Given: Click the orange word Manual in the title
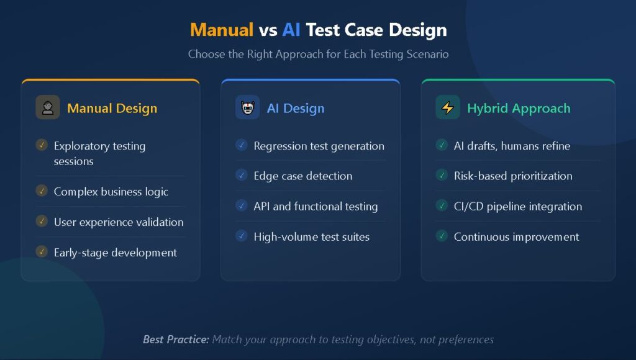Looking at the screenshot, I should [x=221, y=29].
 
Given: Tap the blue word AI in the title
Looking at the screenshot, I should [x=291, y=29].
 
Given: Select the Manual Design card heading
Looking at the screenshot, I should [x=112, y=108].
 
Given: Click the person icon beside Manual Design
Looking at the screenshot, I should [x=48, y=107].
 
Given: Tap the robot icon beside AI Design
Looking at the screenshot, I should [x=248, y=107].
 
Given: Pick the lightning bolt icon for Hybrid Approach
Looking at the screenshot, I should [x=447, y=107].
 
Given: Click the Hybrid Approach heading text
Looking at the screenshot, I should [x=518, y=108].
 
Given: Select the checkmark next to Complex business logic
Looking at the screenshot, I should [x=42, y=191].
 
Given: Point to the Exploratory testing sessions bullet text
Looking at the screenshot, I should [x=99, y=153].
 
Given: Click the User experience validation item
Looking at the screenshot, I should [x=118, y=222].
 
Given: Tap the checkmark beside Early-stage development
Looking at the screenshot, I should [x=42, y=251].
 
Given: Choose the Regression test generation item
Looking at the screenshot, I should [x=319, y=146].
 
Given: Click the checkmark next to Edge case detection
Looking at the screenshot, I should [x=242, y=175].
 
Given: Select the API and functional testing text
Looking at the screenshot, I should [x=316, y=206].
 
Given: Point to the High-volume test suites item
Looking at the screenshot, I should [x=311, y=236].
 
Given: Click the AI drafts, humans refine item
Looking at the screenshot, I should [x=511, y=146].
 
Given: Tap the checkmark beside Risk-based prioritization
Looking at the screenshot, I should [x=442, y=175].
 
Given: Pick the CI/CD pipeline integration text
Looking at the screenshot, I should [x=517, y=206].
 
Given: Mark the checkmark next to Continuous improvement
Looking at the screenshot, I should [x=442, y=236].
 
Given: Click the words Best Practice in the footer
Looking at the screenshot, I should [x=176, y=340].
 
